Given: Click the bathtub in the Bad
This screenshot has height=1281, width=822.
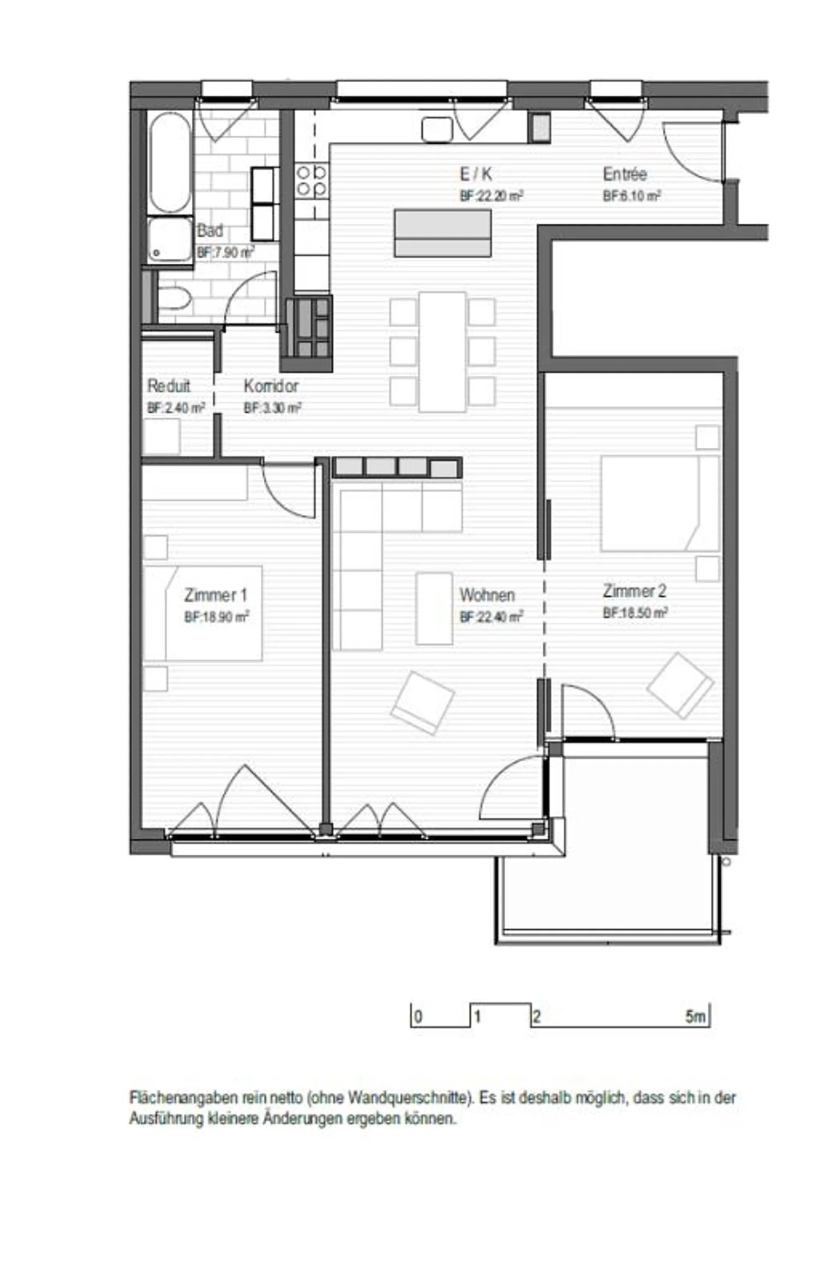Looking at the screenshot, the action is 170,162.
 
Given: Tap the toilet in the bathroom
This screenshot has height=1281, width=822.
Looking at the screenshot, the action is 173,298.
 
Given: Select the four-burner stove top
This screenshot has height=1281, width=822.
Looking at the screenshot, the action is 312,180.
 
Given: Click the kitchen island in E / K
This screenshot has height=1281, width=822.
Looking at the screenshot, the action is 443,233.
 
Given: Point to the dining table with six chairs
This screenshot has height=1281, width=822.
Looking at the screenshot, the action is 443,352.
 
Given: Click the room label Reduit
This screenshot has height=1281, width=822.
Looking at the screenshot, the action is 169,385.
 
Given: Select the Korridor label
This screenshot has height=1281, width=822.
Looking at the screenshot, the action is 271,385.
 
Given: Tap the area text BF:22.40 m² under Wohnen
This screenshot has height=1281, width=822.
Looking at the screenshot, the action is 491,617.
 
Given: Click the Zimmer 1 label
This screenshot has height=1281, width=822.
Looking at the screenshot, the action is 216,594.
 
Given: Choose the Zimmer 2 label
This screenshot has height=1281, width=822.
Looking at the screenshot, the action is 634,591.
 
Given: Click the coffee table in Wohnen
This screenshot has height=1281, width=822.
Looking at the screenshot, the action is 434,608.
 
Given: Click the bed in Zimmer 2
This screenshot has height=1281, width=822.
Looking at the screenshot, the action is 660,503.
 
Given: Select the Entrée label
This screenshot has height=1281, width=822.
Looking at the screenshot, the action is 625,174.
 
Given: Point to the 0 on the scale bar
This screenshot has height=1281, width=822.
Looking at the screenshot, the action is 418,1017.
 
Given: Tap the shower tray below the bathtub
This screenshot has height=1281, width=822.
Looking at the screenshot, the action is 170,240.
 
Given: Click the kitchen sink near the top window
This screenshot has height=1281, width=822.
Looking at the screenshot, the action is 437,129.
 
